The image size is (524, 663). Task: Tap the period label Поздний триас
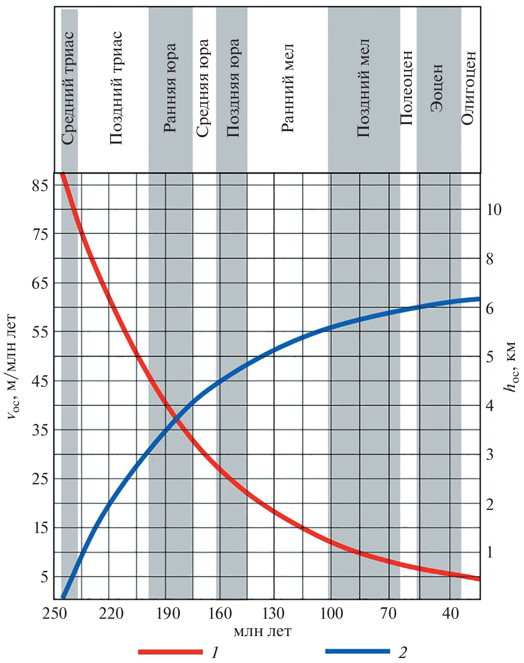pos(116,88)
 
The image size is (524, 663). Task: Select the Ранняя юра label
pos(170,88)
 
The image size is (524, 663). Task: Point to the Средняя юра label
pos(202,88)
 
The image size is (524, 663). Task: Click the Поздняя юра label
pos(233,88)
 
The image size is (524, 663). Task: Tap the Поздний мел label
pos(363,88)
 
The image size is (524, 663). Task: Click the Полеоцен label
pos(407,88)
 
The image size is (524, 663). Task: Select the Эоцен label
pos(437,88)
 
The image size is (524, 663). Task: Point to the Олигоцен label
pos(469,88)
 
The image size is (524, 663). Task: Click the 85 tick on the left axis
pos(40,184)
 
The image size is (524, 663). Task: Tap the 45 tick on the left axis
pos(40,381)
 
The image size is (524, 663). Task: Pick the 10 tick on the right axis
pos(493,210)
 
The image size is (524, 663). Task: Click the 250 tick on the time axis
pos(54,613)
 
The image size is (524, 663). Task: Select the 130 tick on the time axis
pos(273,613)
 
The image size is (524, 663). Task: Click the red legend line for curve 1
pos(170,652)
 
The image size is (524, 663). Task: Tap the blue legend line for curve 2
pos(357,651)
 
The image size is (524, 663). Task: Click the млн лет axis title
pos(262,632)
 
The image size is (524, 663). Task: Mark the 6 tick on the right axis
pos(490,308)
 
